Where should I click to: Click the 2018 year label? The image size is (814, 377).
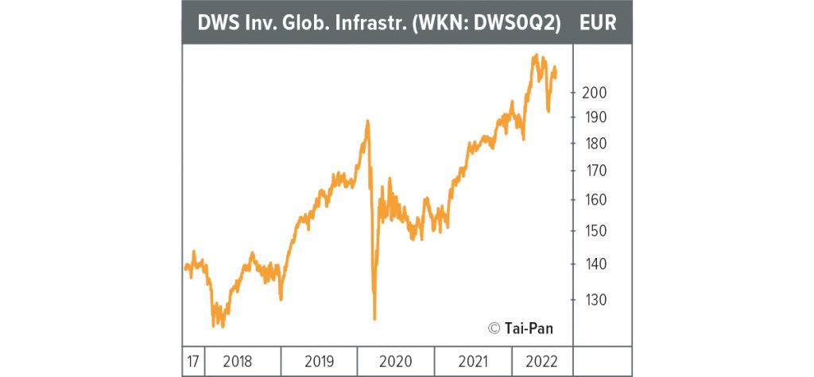click(238, 362)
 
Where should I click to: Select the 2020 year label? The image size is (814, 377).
click(395, 362)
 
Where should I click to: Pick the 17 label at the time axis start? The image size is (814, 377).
click(193, 362)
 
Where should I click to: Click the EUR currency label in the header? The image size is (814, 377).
click(598, 22)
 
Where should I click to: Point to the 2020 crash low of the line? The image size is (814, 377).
click(374, 318)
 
